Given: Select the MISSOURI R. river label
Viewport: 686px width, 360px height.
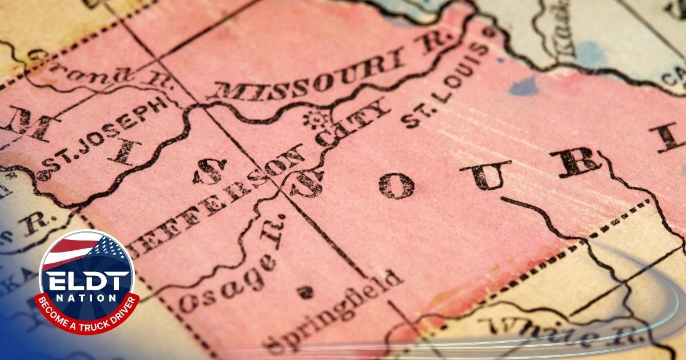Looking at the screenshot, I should (x=332, y=66).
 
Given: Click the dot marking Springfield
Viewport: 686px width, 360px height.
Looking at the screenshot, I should (x=305, y=292).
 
